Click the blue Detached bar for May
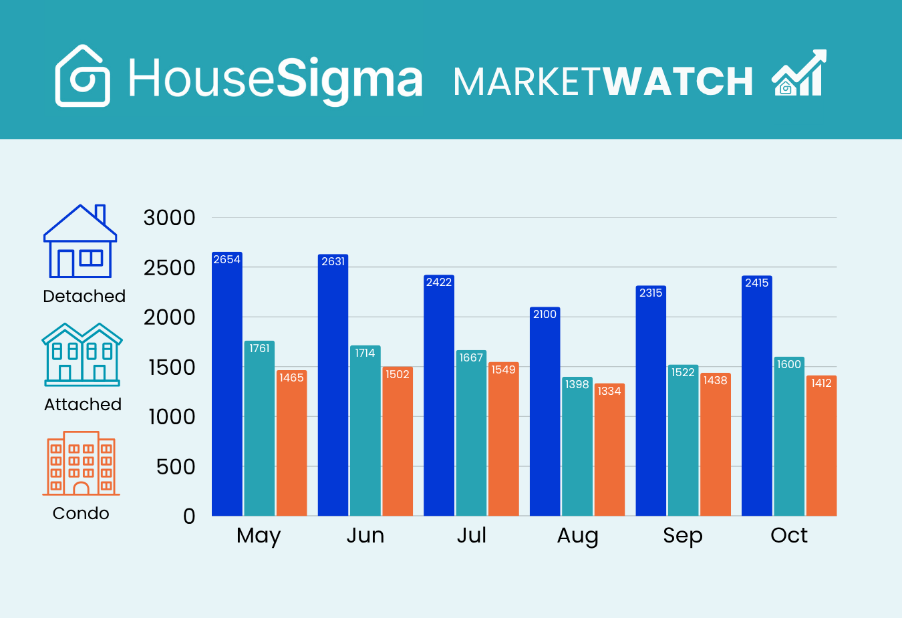pyautogui.click(x=227, y=388)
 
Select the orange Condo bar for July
pyautogui.click(x=503, y=441)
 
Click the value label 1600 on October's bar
pyautogui.click(x=788, y=364)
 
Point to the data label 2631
pyautogui.click(x=333, y=261)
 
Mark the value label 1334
pyautogui.click(x=609, y=391)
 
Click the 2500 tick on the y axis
pyautogui.click(x=169, y=268)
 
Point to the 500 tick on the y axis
pyautogui.click(x=176, y=466)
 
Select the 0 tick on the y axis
pyautogui.click(x=189, y=516)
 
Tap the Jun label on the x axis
pyautogui.click(x=365, y=536)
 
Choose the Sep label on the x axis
pyautogui.click(x=682, y=536)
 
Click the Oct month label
pyautogui.click(x=788, y=536)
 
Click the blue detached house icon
pyautogui.click(x=80, y=241)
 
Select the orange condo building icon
pyautogui.click(x=81, y=464)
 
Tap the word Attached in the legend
pyautogui.click(x=83, y=404)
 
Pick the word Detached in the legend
pyautogui.click(x=84, y=296)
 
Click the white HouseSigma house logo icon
pyautogui.click(x=82, y=76)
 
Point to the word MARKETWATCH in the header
pyautogui.click(x=603, y=82)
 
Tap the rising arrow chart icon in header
pyautogui.click(x=799, y=73)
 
